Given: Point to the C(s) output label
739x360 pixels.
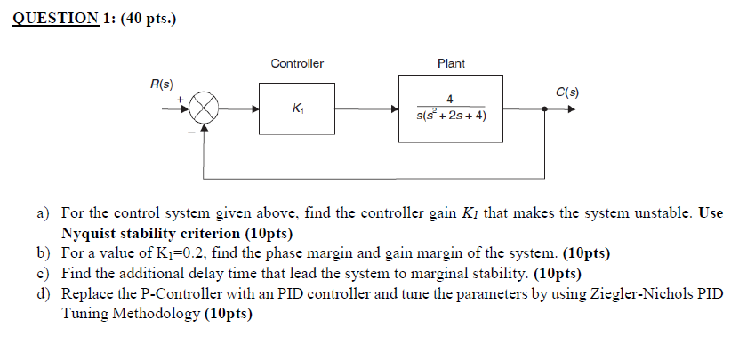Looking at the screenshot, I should [x=566, y=92].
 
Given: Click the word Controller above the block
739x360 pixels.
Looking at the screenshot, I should [x=296, y=63].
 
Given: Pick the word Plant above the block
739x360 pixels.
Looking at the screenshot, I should [x=451, y=63].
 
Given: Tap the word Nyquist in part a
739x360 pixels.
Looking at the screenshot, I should [x=89, y=234].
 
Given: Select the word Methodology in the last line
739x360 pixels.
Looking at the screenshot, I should [x=155, y=313].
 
